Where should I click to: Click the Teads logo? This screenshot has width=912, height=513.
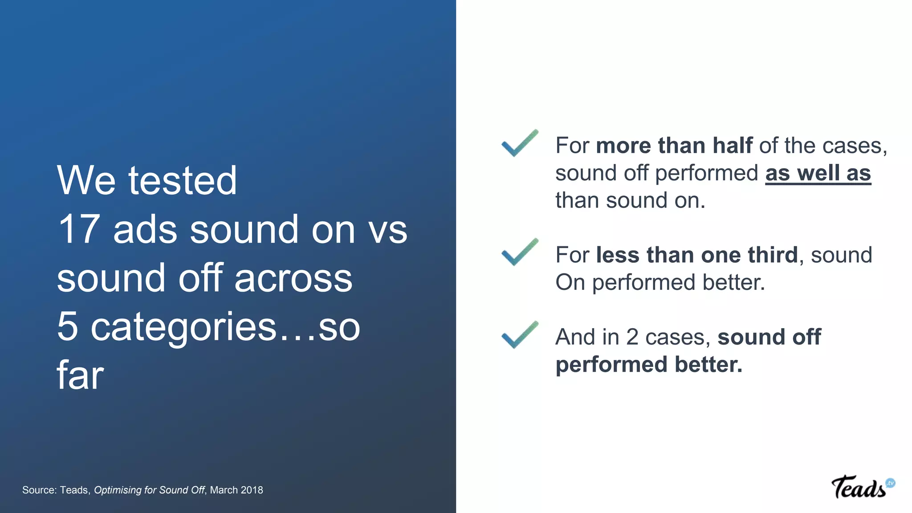click(x=862, y=487)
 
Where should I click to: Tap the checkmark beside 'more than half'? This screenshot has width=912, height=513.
click(x=519, y=144)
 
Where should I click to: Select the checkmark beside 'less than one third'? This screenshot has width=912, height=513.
click(x=519, y=252)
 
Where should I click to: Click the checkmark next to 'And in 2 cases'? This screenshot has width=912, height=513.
click(x=519, y=335)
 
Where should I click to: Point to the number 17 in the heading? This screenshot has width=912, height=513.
click(x=79, y=229)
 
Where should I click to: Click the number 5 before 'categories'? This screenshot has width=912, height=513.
click(x=68, y=326)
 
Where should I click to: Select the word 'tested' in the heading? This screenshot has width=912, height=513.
click(x=183, y=180)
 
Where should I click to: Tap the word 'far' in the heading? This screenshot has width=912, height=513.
click(x=80, y=375)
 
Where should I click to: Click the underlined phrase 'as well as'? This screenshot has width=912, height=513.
click(x=818, y=173)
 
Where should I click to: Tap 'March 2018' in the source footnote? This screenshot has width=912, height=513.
click(x=236, y=490)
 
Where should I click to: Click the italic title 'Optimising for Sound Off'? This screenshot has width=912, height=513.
click(x=149, y=490)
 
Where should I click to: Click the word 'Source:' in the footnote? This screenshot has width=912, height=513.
click(x=40, y=490)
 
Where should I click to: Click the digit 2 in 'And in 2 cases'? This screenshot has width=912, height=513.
click(x=632, y=337)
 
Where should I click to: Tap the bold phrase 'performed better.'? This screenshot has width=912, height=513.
click(x=649, y=365)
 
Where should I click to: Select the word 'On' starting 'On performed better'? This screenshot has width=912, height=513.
click(x=570, y=282)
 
